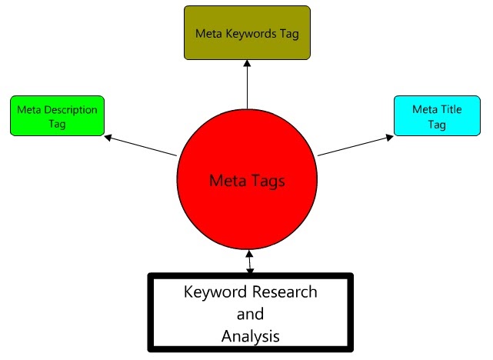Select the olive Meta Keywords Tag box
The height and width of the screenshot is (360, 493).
point(247,33)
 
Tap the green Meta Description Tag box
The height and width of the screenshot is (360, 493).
point(57,115)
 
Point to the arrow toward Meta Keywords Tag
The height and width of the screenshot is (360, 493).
point(247,85)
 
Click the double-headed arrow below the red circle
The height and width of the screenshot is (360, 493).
point(248,262)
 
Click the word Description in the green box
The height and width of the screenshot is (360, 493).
point(72,109)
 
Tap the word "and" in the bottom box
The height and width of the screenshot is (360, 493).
point(249,314)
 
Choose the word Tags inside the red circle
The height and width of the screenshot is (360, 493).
point(269,182)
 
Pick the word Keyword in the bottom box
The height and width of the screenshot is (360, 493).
point(212,293)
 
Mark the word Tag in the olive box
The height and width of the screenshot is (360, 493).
point(288,34)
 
